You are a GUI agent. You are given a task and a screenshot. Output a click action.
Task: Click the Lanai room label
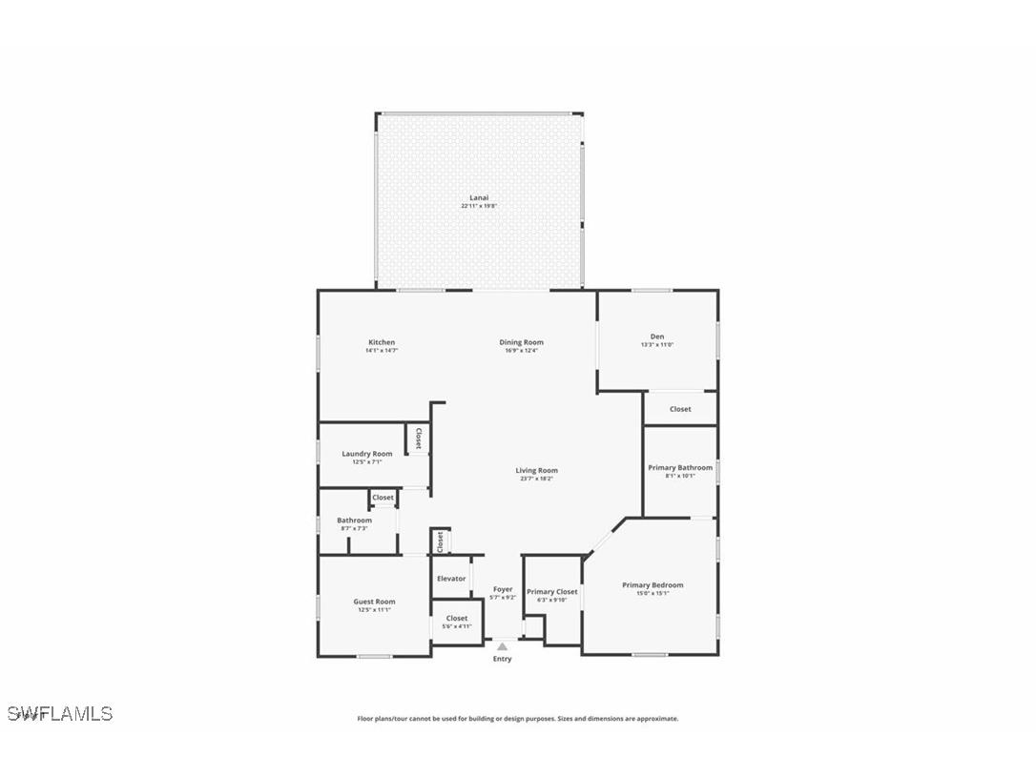pyautogui.click(x=478, y=197)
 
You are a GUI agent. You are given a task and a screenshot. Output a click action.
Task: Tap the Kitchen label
pyautogui.click(x=382, y=342)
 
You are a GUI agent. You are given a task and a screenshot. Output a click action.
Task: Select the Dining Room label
pyautogui.click(x=521, y=342)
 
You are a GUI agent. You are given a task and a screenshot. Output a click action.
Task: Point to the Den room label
pyautogui.click(x=657, y=337)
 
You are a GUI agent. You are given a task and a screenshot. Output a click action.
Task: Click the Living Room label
pyautogui.click(x=536, y=470)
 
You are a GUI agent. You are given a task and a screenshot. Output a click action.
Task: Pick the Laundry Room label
pyautogui.click(x=367, y=454)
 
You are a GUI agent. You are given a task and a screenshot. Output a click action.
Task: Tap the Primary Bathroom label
pyautogui.click(x=680, y=467)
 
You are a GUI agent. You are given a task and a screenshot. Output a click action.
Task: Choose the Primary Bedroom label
pyautogui.click(x=653, y=584)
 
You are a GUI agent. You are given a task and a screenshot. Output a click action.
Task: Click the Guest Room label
pyautogui.click(x=374, y=602)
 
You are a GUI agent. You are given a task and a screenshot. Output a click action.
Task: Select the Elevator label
pyautogui.click(x=451, y=579)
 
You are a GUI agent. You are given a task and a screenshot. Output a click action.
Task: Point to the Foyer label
pyautogui.click(x=503, y=589)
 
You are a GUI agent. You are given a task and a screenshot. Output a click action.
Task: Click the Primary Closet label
pyautogui.click(x=552, y=591)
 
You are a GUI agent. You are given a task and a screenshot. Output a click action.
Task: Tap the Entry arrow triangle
pyautogui.click(x=502, y=646)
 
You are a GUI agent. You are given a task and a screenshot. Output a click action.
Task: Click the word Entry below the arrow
pyautogui.click(x=502, y=659)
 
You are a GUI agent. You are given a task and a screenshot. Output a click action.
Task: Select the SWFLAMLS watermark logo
pyautogui.click(x=59, y=713)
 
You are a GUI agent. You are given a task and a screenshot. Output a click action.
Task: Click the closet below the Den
pyautogui.click(x=680, y=409)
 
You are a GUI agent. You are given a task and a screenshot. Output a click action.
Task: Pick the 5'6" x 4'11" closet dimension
pyautogui.click(x=457, y=626)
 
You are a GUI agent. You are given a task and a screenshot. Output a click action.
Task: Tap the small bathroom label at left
pyautogui.click(x=354, y=521)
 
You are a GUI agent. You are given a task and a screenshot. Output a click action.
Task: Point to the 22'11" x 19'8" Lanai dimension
pyautogui.click(x=478, y=206)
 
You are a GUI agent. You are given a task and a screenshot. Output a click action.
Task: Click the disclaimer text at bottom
pyautogui.click(x=518, y=719)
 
